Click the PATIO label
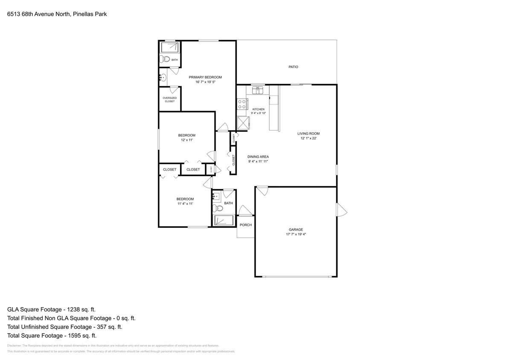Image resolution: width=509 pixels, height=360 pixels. [293, 67]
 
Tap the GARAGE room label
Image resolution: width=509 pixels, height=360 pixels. [296, 229]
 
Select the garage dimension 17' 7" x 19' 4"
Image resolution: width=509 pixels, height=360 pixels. [296, 234]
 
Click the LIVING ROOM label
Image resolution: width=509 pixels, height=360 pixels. [308, 134]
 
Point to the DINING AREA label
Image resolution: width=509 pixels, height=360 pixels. [258, 157]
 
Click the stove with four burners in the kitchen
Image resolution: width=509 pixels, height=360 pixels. [242, 104]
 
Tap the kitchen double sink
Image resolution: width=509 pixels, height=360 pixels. [258, 90]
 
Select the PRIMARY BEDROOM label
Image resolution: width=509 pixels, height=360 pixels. [205, 77]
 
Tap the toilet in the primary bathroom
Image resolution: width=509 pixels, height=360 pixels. [165, 60]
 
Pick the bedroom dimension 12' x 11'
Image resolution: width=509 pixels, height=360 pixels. [186, 140]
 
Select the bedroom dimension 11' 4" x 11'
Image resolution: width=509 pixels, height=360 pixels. [185, 204]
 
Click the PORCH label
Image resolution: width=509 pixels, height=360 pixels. [246, 225]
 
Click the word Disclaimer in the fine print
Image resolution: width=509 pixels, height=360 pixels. [14, 345]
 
